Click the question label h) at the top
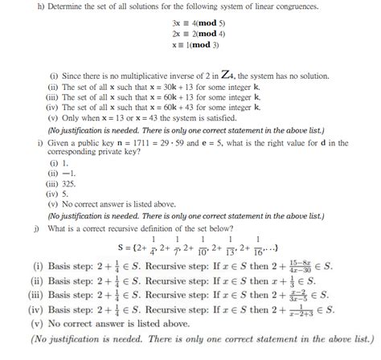click(x=9, y=9)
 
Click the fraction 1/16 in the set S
click(x=258, y=244)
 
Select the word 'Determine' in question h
click(x=38, y=9)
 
